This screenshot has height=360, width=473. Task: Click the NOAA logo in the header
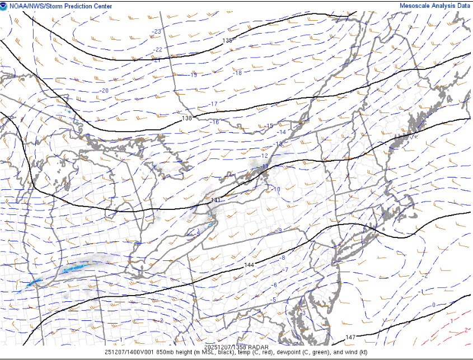4,6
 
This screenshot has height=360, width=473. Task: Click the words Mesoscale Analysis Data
434,6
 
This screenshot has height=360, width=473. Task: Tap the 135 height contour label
227,40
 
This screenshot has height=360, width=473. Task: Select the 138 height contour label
187,118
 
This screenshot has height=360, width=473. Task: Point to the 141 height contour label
216,200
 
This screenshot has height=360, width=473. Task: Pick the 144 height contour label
249,264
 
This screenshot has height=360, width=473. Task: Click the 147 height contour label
350,337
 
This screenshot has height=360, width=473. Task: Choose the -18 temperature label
237,73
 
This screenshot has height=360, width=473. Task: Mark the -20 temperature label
104,91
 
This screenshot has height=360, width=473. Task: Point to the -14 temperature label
282,132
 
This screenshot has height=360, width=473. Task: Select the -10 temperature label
277,189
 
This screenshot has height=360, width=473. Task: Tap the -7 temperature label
285,270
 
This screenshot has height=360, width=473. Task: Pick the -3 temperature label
303,314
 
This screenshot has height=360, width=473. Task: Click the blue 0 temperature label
433,305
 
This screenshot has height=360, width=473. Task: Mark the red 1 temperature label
451,321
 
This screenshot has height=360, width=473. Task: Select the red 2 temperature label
466,330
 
